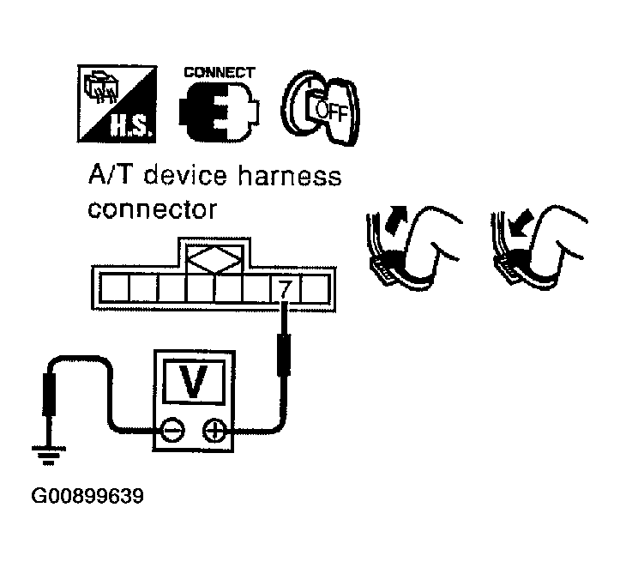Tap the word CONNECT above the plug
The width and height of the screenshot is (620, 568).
click(218, 72)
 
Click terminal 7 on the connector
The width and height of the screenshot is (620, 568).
click(285, 290)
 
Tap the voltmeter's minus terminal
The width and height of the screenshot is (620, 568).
click(173, 430)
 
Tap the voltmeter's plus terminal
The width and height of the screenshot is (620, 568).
click(214, 430)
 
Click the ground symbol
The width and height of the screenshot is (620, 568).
click(49, 456)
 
